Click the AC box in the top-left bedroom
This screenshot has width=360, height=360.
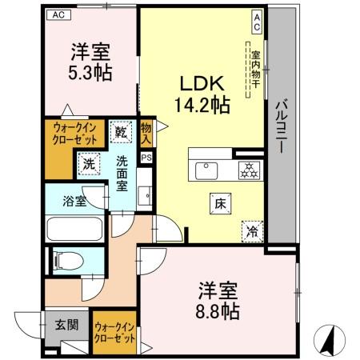[58, 14]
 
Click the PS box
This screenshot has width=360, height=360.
[146, 158]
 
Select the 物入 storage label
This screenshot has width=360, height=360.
[146, 133]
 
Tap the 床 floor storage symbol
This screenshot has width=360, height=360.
[218, 204]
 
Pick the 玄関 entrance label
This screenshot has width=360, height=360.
[66, 325]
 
